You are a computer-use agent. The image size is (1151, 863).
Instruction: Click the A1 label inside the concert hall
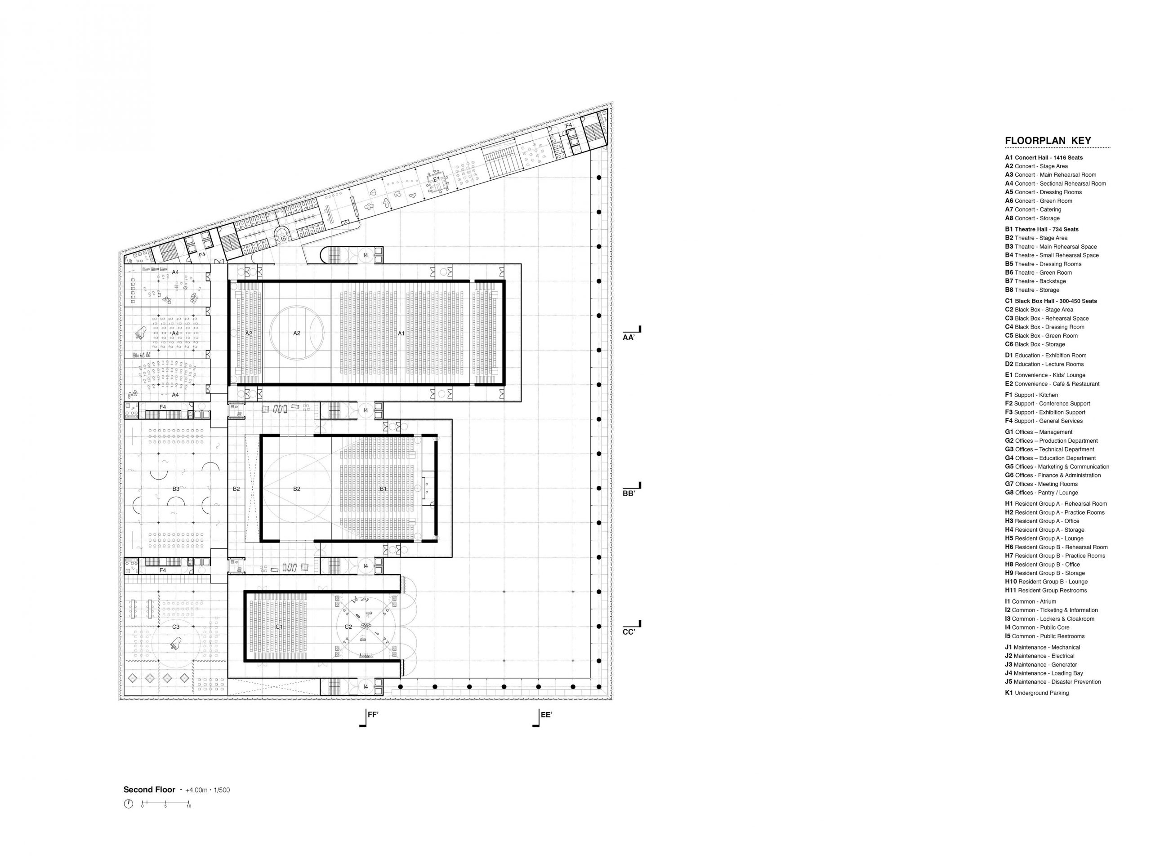coord(401,333)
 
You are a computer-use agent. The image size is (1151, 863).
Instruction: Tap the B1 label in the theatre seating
coord(383,489)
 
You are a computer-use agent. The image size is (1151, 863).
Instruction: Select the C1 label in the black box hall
coord(279,627)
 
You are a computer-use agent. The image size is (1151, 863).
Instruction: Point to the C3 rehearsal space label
coord(176,627)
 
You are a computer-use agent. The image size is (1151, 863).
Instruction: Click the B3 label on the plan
coord(176,489)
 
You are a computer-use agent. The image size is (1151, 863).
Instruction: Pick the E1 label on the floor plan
coord(437,179)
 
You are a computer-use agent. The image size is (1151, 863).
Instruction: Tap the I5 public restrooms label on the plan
coord(284,239)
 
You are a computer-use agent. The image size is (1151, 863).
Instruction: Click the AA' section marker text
coord(629,338)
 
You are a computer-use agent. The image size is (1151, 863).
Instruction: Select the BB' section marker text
coord(629,494)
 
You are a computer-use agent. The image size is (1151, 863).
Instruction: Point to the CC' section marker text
coord(629,632)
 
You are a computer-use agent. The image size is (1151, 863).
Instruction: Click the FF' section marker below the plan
coord(373,715)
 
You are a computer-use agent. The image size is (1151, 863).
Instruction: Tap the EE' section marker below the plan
coord(546,715)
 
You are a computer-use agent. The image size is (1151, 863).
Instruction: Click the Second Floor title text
coord(149,790)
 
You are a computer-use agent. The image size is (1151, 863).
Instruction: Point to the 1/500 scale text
coord(222,790)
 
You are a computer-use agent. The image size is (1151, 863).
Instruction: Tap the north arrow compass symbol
coord(129,804)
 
